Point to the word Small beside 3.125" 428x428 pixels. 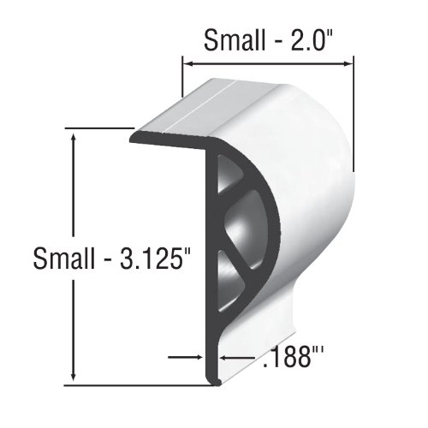pos(65,258)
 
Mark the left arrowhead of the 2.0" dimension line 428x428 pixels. pos(187,62)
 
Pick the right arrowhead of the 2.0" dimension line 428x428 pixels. pos(348,62)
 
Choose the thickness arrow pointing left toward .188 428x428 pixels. pos(224,358)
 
